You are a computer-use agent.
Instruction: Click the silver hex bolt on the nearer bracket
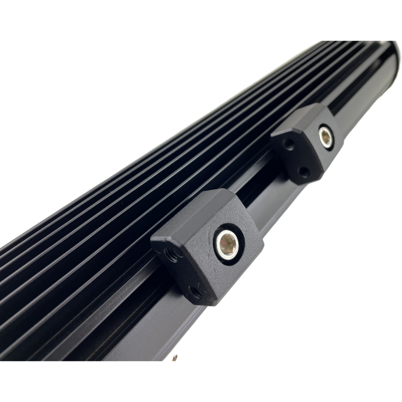point(227,244)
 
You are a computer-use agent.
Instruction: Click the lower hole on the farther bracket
point(304,172)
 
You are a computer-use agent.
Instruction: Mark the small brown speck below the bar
point(175,358)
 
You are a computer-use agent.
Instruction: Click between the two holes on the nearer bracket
point(182,274)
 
